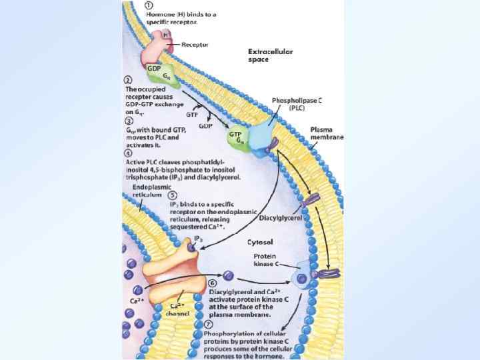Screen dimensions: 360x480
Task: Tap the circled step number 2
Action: pos(129,81)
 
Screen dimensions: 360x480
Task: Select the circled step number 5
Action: pos(172,196)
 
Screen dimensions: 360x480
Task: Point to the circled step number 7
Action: pos(209,325)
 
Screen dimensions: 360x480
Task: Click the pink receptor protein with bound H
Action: pos(159,46)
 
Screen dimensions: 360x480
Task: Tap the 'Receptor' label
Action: pos(195,45)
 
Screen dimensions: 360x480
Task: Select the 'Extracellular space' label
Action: pos(270,55)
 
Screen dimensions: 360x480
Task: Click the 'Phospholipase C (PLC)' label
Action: pos(296,103)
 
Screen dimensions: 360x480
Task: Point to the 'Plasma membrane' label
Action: pos(327,133)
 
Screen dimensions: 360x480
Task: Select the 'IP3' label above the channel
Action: pos(197,238)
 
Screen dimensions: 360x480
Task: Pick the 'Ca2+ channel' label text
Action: pos(179,309)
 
